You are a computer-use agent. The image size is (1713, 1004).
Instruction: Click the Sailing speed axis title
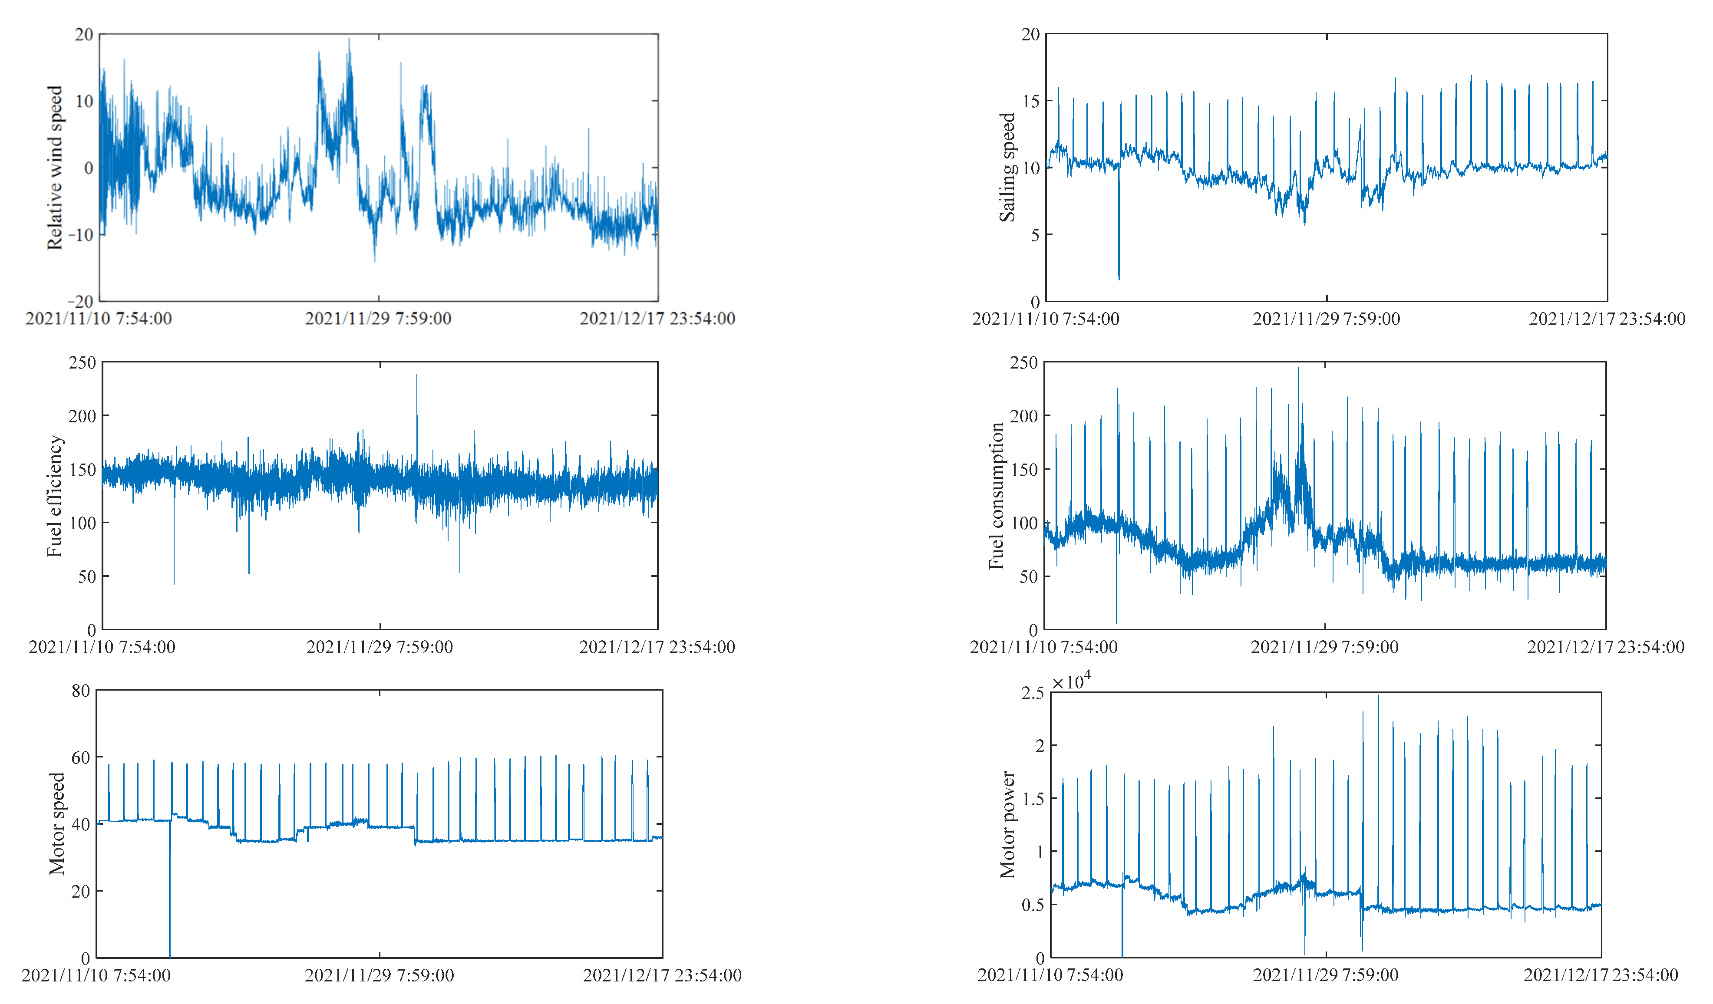click(x=1007, y=167)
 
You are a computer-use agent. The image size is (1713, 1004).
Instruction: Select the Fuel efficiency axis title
click(x=54, y=496)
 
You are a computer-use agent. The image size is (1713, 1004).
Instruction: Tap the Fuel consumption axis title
click(x=997, y=496)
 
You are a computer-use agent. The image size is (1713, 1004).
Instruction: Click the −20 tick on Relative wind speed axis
click(x=80, y=301)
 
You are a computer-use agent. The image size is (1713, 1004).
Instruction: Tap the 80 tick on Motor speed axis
click(x=80, y=691)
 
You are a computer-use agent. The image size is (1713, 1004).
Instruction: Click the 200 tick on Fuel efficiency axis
click(x=82, y=416)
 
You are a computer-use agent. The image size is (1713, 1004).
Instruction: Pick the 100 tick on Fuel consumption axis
click(x=1024, y=523)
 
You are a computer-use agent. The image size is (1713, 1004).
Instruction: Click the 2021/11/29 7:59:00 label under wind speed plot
click(x=378, y=319)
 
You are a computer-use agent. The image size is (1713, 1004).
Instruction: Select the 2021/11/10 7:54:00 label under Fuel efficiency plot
click(x=102, y=647)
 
